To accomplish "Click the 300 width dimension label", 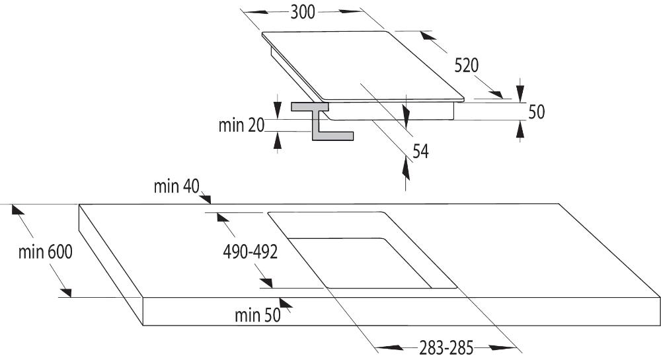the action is click(x=303, y=12).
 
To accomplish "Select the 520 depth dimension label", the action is click(x=467, y=66).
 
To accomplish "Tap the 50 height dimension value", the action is click(x=536, y=112).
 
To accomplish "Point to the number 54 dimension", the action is click(x=420, y=151).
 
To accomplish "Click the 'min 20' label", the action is click(x=241, y=125).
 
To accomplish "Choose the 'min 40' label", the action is click(x=176, y=186).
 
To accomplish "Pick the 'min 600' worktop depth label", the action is click(x=45, y=252).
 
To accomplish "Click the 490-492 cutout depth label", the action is click(x=251, y=252).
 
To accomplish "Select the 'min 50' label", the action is click(x=258, y=315).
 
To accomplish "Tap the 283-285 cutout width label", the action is click(x=446, y=348).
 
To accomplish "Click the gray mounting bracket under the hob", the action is click(x=322, y=120).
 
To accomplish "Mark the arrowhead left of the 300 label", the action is click(x=256, y=12).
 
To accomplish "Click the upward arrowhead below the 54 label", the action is click(x=406, y=169).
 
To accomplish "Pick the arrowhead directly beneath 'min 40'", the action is click(x=206, y=198).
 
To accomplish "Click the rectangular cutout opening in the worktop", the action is click(x=362, y=250).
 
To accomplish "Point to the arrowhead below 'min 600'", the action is click(x=65, y=292).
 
